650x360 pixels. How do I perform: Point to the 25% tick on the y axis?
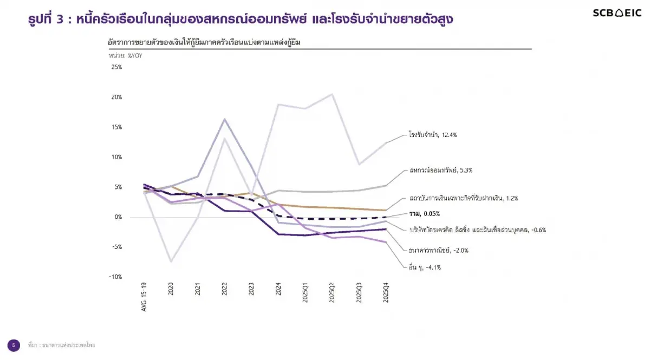pyautogui.click(x=117, y=67)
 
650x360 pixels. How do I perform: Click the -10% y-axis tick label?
pyautogui.click(x=116, y=277)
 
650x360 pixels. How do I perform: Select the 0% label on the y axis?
pyautogui.click(x=118, y=217)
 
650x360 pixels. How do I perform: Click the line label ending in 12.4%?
pyautogui.click(x=433, y=135)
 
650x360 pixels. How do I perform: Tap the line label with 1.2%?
pyautogui.click(x=464, y=199)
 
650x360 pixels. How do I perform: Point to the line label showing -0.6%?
pyautogui.click(x=477, y=230)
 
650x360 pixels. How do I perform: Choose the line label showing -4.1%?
pyautogui.click(x=425, y=267)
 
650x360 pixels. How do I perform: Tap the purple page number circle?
pyautogui.click(x=14, y=345)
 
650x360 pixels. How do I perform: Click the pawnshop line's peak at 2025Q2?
pyautogui.click(x=331, y=94)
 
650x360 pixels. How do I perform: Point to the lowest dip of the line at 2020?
pyautogui.click(x=171, y=262)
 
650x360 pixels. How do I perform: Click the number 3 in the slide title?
pyautogui.click(x=60, y=19)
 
